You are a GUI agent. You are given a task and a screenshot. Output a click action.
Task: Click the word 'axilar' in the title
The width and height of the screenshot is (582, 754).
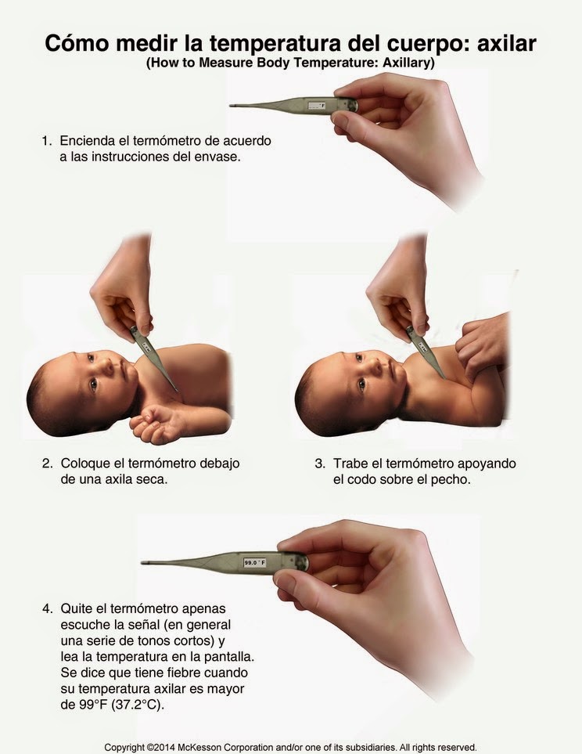pyautogui.click(x=507, y=43)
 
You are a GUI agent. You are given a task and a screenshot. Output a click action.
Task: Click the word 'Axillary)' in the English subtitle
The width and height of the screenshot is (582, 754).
pyautogui.click(x=408, y=63)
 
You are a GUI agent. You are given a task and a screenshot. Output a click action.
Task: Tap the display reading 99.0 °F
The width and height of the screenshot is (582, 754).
pyautogui.click(x=255, y=562)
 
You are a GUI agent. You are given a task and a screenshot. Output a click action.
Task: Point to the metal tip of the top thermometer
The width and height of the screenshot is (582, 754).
pyautogui.click(x=232, y=106)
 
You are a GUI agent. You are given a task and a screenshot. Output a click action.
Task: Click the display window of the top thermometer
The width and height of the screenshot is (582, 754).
pyautogui.click(x=316, y=105)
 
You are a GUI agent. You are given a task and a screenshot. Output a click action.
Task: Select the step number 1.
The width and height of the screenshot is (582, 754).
pyautogui.click(x=46, y=141)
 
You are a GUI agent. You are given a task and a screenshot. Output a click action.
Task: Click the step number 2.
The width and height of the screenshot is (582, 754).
pyautogui.click(x=47, y=464)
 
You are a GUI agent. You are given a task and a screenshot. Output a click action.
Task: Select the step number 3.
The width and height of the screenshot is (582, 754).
pyautogui.click(x=320, y=464)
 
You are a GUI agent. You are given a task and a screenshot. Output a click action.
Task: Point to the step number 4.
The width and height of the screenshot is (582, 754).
pyautogui.click(x=47, y=609)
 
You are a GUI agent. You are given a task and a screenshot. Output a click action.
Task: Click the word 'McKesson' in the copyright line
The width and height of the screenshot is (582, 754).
pyautogui.click(x=199, y=747)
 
